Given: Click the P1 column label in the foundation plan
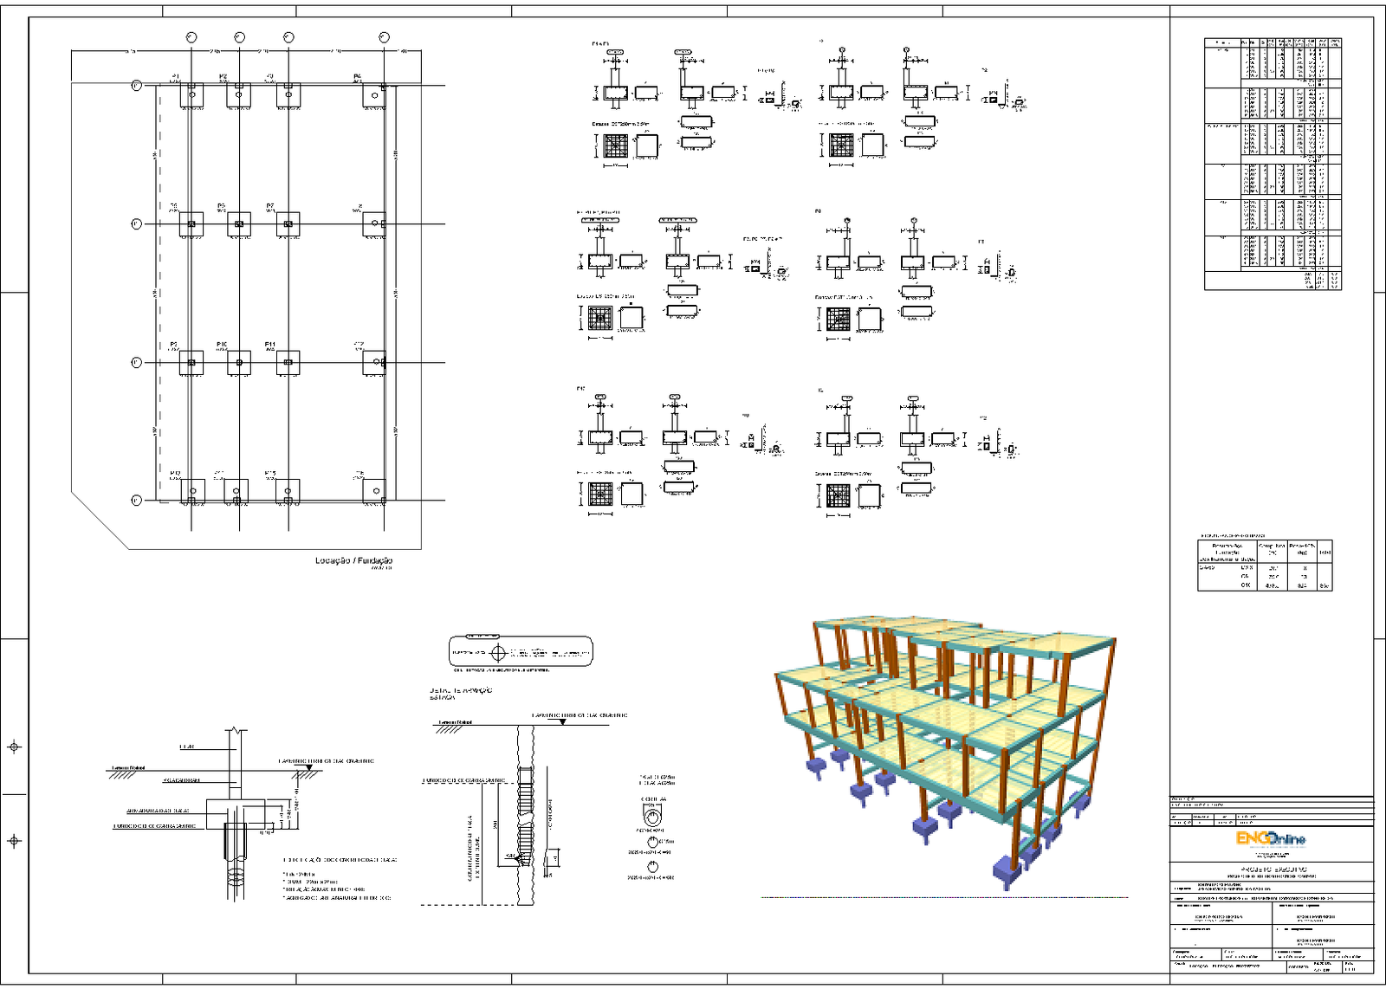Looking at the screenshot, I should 175,76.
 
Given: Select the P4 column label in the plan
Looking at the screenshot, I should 357,76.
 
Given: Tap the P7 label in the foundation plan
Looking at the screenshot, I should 270,206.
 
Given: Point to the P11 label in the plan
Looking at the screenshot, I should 270,344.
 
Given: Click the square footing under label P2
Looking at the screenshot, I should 239,95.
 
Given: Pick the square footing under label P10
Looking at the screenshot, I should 239,363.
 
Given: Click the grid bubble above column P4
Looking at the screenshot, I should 384,37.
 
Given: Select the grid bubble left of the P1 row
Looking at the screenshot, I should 136,86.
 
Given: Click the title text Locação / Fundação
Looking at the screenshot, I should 353,560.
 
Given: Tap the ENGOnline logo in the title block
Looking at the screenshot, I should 1270,838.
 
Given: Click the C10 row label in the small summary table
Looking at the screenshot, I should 1246,585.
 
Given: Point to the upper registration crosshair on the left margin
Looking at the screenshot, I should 14,747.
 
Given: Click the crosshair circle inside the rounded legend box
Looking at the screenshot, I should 498,652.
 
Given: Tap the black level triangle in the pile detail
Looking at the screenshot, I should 539,721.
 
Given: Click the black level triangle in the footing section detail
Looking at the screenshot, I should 308,768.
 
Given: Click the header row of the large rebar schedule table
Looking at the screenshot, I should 1273,42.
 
